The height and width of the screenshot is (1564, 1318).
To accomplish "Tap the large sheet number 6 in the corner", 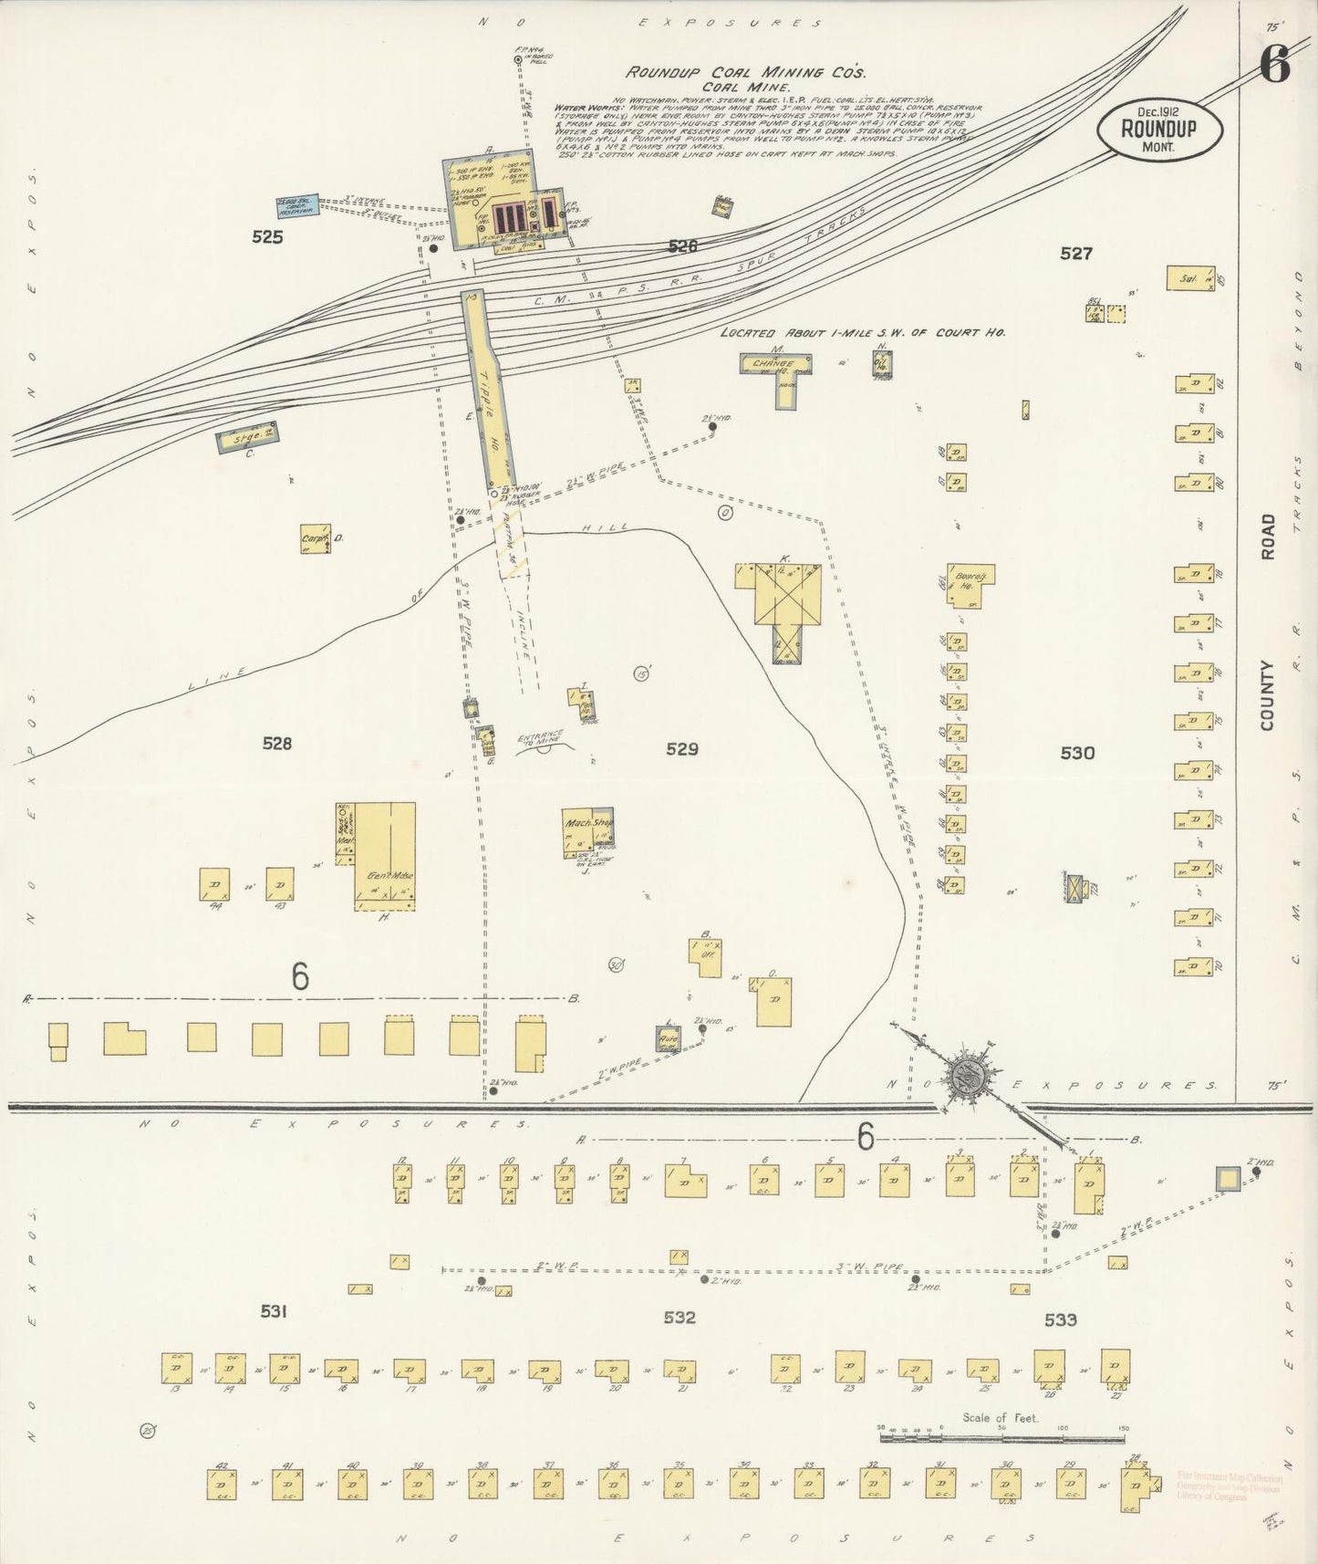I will (x=1274, y=64).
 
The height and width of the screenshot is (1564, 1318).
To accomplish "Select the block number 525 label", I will (x=268, y=237).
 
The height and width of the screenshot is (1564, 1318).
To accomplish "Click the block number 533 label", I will (x=1060, y=1319).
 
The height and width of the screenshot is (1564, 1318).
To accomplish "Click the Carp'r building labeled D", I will (x=316, y=538).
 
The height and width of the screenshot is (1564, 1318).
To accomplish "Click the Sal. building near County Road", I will (x=1191, y=277).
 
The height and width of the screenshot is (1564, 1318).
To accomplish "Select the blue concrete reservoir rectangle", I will (x=296, y=206).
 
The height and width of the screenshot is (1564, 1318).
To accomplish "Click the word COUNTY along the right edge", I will (x=1267, y=695).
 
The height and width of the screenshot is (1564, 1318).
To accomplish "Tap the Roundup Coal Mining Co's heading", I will (x=745, y=72).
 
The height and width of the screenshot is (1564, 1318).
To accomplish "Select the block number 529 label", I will (x=681, y=749).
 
